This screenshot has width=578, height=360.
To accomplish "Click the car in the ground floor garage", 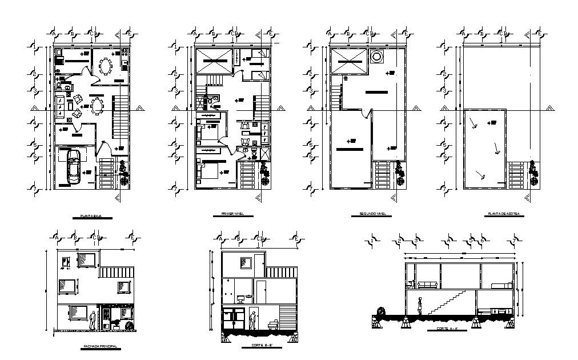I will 73,167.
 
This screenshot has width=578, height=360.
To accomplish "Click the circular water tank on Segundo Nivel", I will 376,57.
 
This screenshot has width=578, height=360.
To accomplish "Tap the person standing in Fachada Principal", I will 93,319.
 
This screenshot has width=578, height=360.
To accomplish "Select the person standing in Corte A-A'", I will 421,306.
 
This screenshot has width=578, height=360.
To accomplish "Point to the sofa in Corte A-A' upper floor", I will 428,285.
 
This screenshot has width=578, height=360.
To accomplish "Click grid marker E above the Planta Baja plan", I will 131,34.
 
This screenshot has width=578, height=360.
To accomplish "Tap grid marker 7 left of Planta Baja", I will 34,188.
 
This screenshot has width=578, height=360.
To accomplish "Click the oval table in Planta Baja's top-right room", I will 106,66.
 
